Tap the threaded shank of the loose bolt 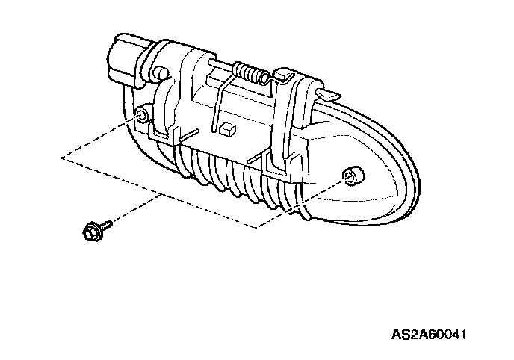[x=106, y=223]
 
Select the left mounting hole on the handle [x=140, y=114]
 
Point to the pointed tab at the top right [x=326, y=93]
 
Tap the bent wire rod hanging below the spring [x=217, y=105]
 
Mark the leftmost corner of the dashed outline [x=63, y=158]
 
